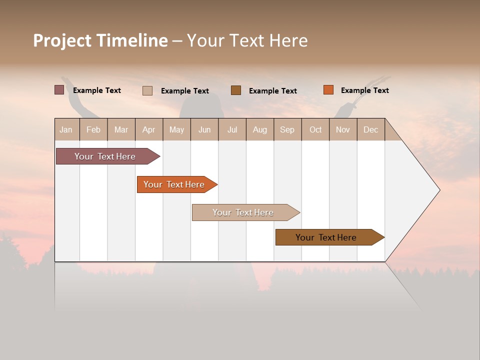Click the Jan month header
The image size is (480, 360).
click(66, 129)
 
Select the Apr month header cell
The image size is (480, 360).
click(149, 129)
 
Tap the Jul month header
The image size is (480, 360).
click(232, 129)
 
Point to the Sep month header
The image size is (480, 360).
click(287, 129)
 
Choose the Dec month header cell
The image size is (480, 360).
click(370, 129)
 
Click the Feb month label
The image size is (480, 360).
click(93, 129)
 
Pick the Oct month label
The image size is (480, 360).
click(315, 129)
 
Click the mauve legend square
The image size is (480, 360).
click(59, 90)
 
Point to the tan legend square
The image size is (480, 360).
click(147, 90)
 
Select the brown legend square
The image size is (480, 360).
click(236, 90)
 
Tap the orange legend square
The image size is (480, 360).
click(328, 90)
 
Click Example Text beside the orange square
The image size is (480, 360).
click(364, 90)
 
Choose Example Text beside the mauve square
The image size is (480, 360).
click(97, 90)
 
